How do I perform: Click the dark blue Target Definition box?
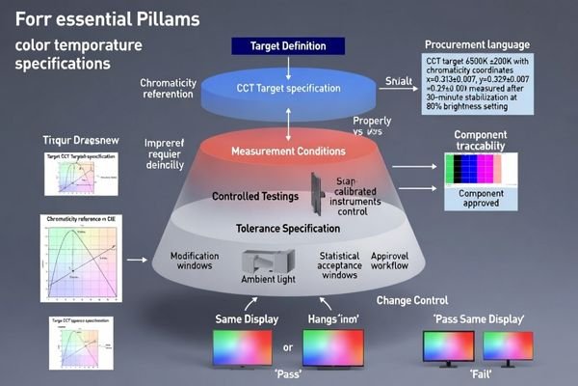tap(288, 45)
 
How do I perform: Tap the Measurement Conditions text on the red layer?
tap(289, 150)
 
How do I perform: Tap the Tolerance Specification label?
tap(288, 229)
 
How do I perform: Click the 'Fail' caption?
tap(483, 372)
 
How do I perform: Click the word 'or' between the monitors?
tap(288, 346)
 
